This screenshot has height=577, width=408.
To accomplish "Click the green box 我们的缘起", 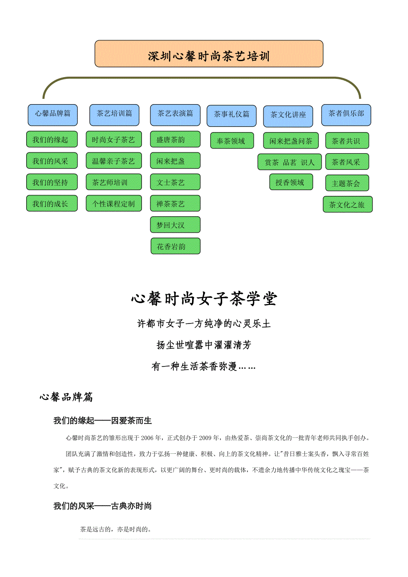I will pos(52,139).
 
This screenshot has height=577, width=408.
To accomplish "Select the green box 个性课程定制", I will pos(114,203).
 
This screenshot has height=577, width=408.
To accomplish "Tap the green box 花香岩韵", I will pos(175,246).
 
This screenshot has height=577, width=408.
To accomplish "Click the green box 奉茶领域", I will pos(232,140).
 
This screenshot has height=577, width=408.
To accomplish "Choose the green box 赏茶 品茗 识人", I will pos(290,162).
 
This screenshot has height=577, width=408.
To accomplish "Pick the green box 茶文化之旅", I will pos(347,204).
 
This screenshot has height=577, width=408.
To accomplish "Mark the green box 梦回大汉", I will pos(175,225).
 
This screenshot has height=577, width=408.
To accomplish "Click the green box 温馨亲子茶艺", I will pos(114,161).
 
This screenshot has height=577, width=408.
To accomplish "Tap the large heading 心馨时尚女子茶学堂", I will pos(204,299).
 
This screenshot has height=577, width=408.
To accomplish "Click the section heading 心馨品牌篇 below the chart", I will pos(66,397).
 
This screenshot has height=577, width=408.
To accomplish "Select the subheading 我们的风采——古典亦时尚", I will pos(102,506).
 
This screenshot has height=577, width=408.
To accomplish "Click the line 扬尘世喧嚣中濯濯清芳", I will pos(204,345).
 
